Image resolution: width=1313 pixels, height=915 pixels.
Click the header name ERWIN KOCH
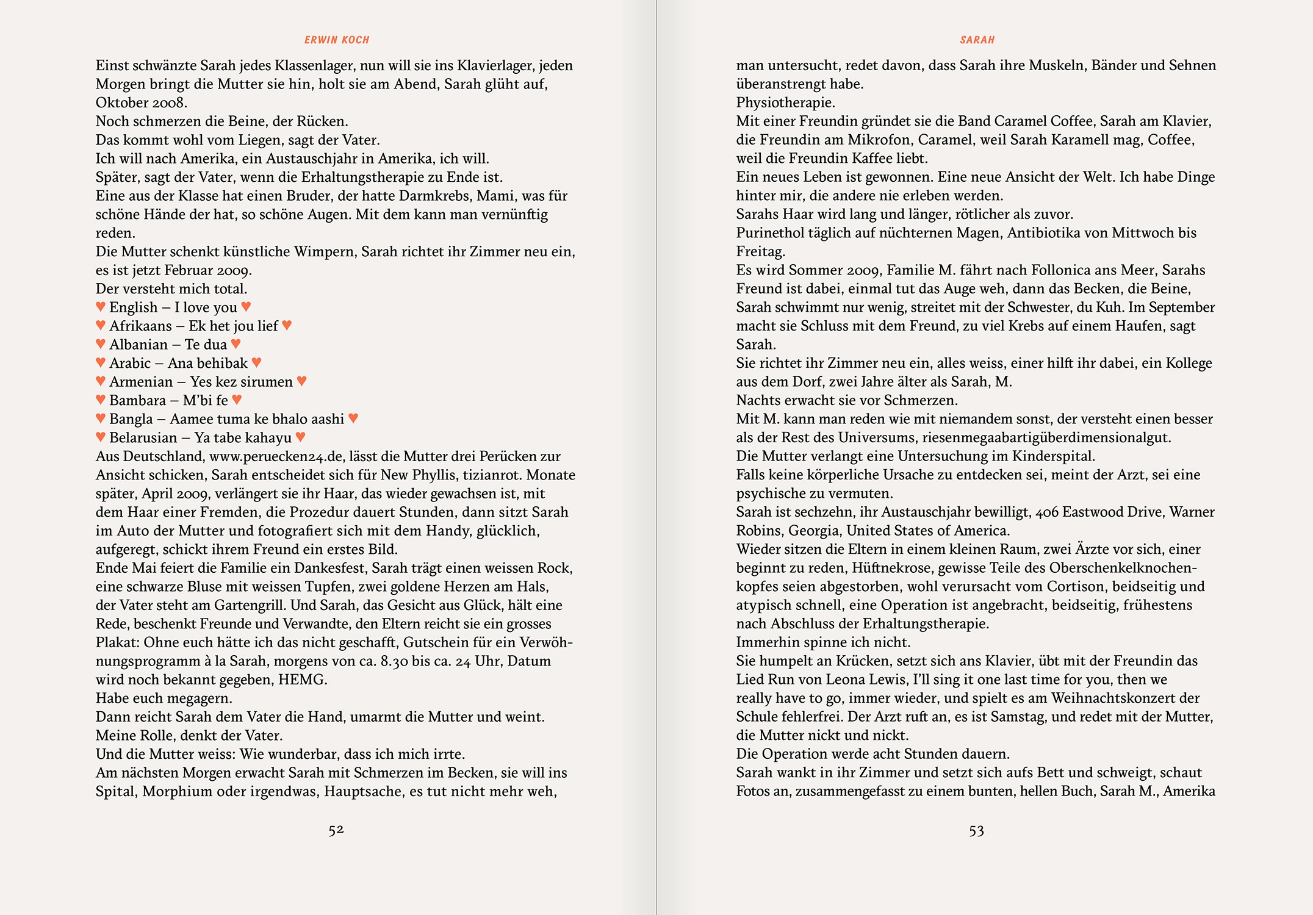coord(337,40)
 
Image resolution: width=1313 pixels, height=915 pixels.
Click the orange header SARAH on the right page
coord(977,40)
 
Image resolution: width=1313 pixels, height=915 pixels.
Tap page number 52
coord(336,830)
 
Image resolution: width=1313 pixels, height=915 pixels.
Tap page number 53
coord(976,831)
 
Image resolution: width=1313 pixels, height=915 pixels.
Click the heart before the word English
coord(101,306)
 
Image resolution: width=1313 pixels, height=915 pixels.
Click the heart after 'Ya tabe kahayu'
coord(300,437)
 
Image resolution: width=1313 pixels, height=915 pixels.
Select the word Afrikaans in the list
coord(140,326)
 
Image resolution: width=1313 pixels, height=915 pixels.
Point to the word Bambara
coord(137,401)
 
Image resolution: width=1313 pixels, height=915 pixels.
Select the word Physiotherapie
coord(785,102)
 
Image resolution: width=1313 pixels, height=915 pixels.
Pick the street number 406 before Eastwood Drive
coord(1046,512)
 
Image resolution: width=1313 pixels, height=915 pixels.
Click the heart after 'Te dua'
coord(236,344)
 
